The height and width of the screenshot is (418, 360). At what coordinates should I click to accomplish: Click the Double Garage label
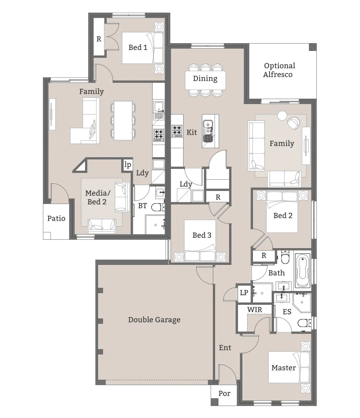pos(154,320)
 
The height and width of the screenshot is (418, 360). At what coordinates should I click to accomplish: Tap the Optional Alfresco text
pos(279,70)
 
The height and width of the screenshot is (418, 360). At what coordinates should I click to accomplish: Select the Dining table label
pos(205,79)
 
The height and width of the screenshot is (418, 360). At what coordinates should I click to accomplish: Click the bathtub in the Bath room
pos(303,271)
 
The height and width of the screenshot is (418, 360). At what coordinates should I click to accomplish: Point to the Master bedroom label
pos(283,368)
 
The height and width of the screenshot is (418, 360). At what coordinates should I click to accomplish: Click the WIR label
pos(255,310)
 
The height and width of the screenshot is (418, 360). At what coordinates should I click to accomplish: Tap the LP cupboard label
pos(244,293)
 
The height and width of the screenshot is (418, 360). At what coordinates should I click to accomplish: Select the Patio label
pos(56,218)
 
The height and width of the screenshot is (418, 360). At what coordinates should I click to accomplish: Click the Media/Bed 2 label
pos(98,197)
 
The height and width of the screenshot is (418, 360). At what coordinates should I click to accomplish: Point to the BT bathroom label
pos(143,206)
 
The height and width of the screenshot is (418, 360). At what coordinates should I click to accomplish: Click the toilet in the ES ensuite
pos(304,323)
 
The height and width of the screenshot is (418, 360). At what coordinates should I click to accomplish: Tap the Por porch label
pos(224,394)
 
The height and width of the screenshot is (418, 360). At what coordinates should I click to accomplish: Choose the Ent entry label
pos(225,348)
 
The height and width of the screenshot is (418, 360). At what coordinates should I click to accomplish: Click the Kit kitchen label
pos(192,132)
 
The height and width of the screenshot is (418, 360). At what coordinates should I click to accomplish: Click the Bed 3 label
pos(202,235)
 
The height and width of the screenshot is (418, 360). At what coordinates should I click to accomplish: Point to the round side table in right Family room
pos(282,116)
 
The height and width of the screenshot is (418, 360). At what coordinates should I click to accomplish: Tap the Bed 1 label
pos(138,47)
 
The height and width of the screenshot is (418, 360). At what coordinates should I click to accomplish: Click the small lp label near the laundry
pos(128,165)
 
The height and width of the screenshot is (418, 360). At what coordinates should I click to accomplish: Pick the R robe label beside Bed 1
pos(99,39)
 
